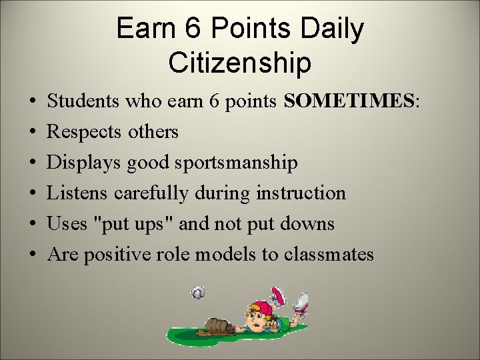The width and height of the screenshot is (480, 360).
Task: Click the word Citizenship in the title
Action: [x=239, y=63]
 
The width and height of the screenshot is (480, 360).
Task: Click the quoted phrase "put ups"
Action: [x=136, y=224]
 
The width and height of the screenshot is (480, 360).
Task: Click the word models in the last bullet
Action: [x=247, y=255]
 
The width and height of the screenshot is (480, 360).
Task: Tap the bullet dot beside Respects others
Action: [x=33, y=132]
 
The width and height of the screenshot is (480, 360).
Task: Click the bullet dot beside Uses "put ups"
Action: [x=33, y=224]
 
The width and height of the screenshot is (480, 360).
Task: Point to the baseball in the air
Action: [x=198, y=293]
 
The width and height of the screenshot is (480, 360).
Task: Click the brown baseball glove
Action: [x=219, y=325]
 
